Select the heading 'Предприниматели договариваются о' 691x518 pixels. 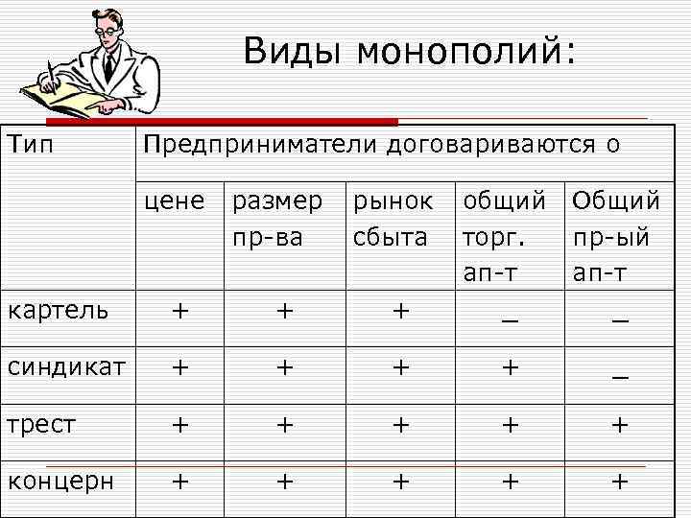(x=381, y=146)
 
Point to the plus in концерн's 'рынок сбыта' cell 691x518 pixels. (x=400, y=480)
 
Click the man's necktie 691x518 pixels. (x=110, y=65)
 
